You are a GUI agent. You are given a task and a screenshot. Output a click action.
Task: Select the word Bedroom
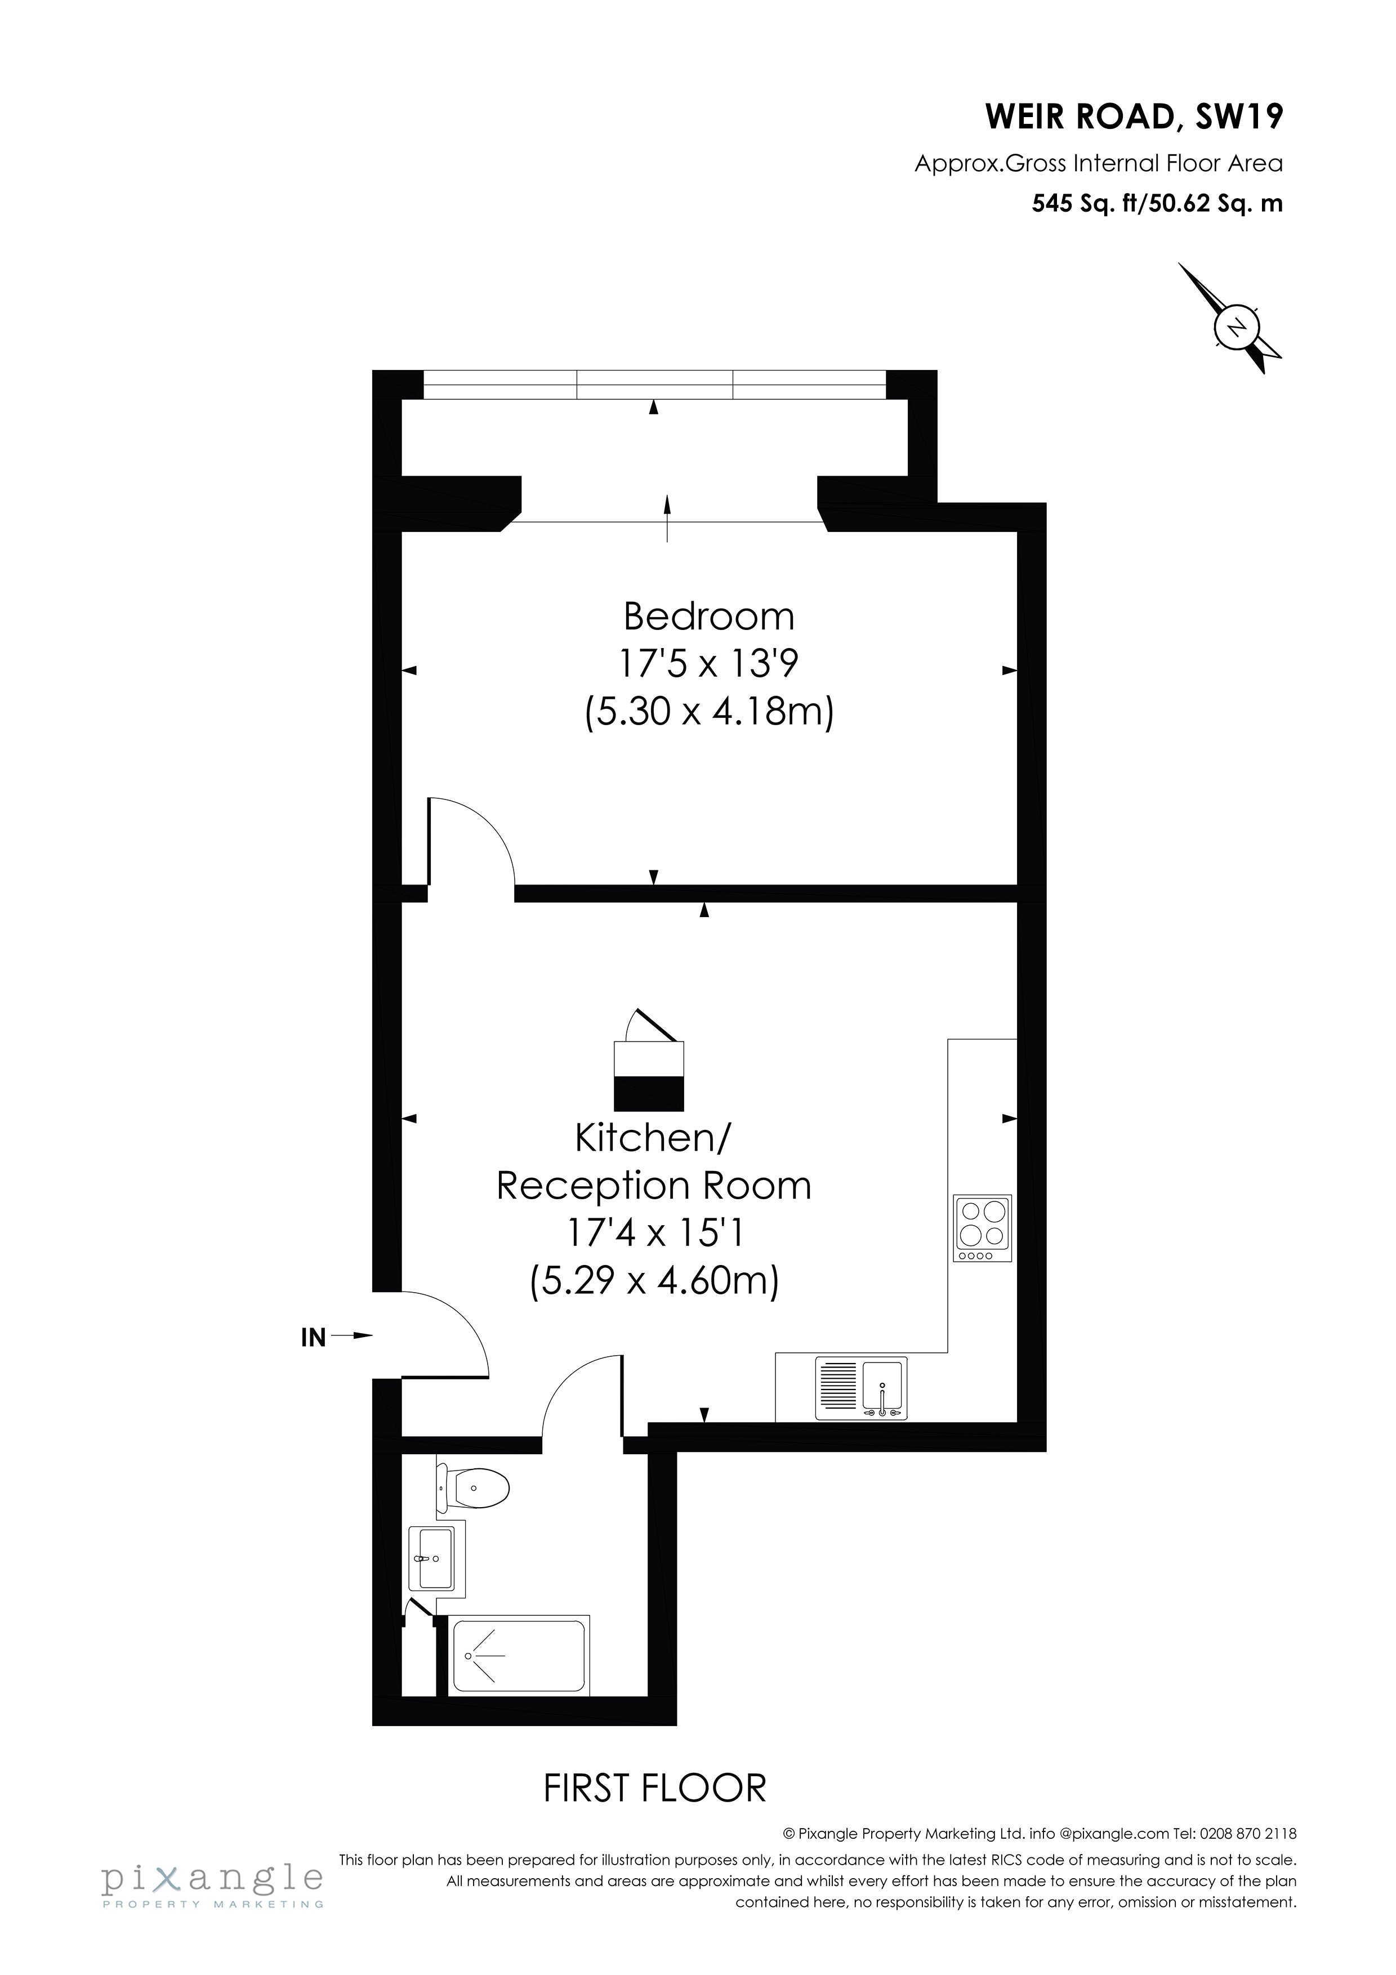click(709, 616)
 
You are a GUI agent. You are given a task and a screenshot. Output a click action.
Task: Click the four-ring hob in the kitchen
click(982, 1228)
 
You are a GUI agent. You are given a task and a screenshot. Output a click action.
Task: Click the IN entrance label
click(313, 1338)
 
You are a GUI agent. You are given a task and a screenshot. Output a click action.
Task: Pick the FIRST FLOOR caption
click(654, 1788)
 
